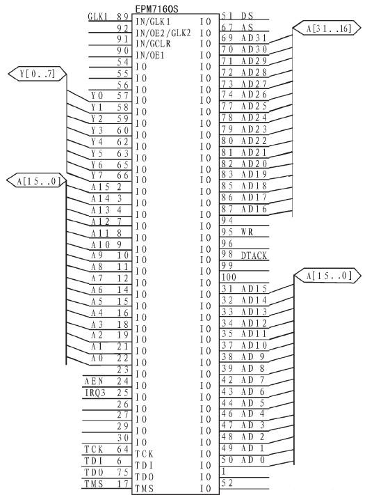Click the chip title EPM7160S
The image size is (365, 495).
pyautogui.click(x=156, y=9)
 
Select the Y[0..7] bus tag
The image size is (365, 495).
pyautogui.click(x=37, y=74)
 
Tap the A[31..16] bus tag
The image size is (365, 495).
pyautogui.click(x=327, y=28)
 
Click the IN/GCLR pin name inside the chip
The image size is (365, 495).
pyautogui.click(x=153, y=44)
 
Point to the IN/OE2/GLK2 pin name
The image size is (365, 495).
pyautogui.click(x=163, y=33)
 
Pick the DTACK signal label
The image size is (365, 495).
pyautogui.click(x=254, y=256)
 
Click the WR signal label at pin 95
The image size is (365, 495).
pyautogui.click(x=247, y=232)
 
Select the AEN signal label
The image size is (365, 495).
pyautogui.click(x=94, y=382)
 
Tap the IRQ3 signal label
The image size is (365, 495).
pyautogui.click(x=95, y=393)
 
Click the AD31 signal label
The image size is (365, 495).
pyautogui.click(x=254, y=38)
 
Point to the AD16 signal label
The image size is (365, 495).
pyautogui.click(x=254, y=209)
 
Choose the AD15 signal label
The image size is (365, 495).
pyautogui.click(x=254, y=288)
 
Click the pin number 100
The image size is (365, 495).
pyautogui.click(x=229, y=277)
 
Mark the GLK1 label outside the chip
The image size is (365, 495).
pyautogui.click(x=98, y=17)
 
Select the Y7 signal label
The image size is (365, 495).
pyautogui.click(x=97, y=175)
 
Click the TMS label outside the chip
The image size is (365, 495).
pyautogui.click(x=94, y=484)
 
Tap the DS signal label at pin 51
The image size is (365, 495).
pyautogui.click(x=247, y=16)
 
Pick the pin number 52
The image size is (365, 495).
pyautogui.click(x=227, y=482)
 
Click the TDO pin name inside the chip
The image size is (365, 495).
pyautogui.click(x=145, y=477)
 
